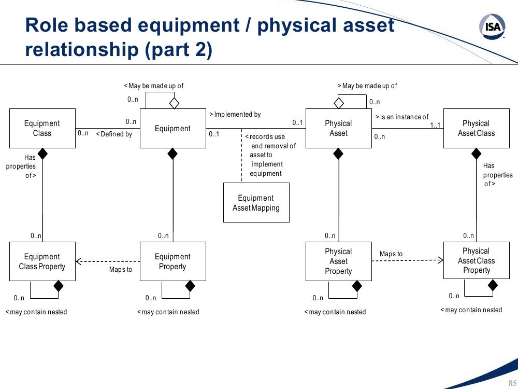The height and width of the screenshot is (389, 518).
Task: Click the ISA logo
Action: click(492, 26)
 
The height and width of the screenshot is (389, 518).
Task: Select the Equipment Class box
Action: click(42, 128)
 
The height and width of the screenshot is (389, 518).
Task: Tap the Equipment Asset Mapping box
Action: click(256, 202)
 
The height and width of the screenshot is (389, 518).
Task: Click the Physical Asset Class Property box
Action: click(477, 260)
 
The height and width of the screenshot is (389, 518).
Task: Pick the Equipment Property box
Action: click(173, 261)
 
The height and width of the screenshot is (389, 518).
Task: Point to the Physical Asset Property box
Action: click(339, 261)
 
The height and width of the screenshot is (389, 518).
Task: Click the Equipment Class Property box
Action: click(42, 261)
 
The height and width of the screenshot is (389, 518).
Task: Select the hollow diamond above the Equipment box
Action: click(174, 103)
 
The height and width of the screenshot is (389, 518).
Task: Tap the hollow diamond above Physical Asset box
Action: click(339, 103)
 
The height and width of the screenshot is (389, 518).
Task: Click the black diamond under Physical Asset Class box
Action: click(476, 154)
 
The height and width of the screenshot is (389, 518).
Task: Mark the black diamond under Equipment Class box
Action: click(42, 154)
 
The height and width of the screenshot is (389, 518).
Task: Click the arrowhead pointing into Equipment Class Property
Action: click(79, 261)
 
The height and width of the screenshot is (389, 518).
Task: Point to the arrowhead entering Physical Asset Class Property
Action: click(440, 260)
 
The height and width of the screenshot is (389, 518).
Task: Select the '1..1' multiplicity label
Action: click(435, 125)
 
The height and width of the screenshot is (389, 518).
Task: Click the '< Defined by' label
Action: click(114, 134)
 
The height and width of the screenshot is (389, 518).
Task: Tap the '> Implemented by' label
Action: click(235, 115)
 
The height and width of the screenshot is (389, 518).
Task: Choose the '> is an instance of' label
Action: click(402, 117)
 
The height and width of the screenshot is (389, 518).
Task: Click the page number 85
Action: click(512, 383)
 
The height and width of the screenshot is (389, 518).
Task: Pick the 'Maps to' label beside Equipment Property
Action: click(121, 270)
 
